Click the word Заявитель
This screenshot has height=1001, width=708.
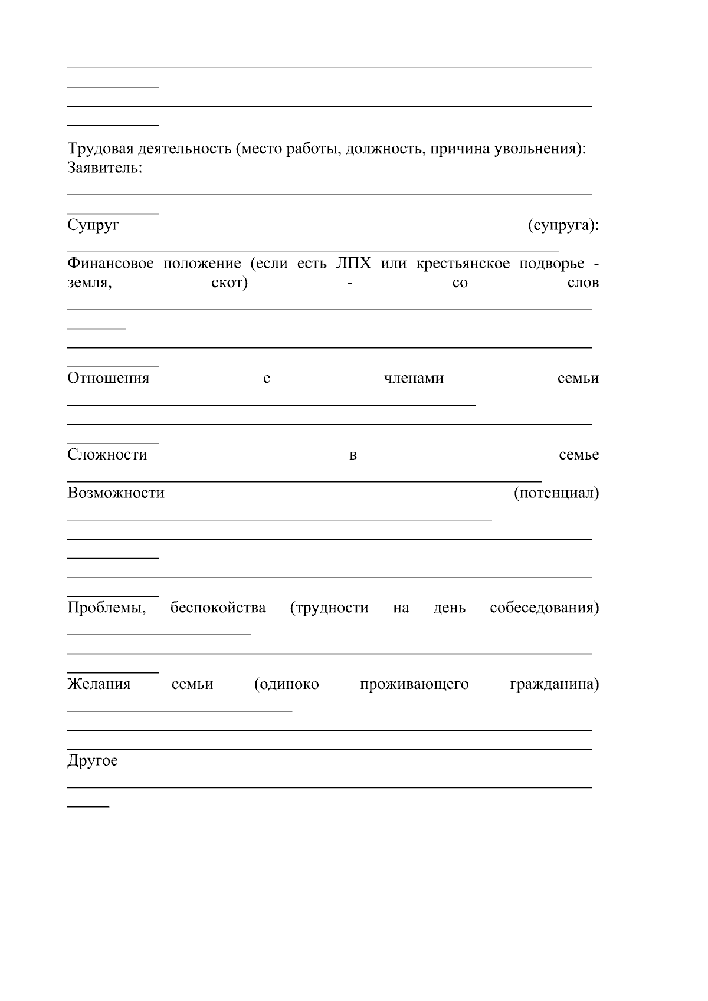(104, 168)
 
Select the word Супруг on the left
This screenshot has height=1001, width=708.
(93, 225)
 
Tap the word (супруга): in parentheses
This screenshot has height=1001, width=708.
(563, 225)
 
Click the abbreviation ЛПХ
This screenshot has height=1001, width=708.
(354, 263)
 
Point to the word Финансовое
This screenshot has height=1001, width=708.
(110, 263)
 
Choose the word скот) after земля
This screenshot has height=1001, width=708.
(229, 283)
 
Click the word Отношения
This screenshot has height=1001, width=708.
(108, 378)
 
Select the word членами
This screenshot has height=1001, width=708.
(414, 378)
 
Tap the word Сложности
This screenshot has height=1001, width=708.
(107, 455)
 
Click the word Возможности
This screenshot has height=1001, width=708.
(116, 493)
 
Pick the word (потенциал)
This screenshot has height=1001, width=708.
(556, 493)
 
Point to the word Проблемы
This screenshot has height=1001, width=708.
(106, 608)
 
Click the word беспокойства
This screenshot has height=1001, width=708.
(218, 608)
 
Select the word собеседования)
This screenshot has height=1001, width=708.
(544, 608)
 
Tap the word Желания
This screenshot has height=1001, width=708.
(99, 684)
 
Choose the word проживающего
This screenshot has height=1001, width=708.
(414, 684)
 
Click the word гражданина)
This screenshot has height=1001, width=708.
(554, 684)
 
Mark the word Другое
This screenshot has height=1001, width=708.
(92, 761)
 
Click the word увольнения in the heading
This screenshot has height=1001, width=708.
(534, 149)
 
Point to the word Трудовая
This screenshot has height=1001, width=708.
(97, 149)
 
